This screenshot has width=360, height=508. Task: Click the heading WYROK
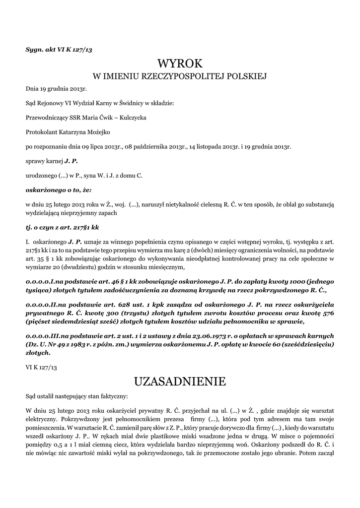180,64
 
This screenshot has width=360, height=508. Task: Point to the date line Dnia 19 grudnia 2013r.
56,89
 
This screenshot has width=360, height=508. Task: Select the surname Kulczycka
130,118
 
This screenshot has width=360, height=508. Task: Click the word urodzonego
41,175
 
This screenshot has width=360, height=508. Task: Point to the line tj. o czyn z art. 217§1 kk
63,227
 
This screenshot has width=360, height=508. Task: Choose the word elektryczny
42,419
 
